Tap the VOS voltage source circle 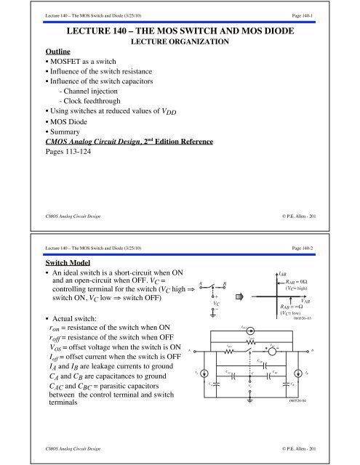[271, 351]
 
